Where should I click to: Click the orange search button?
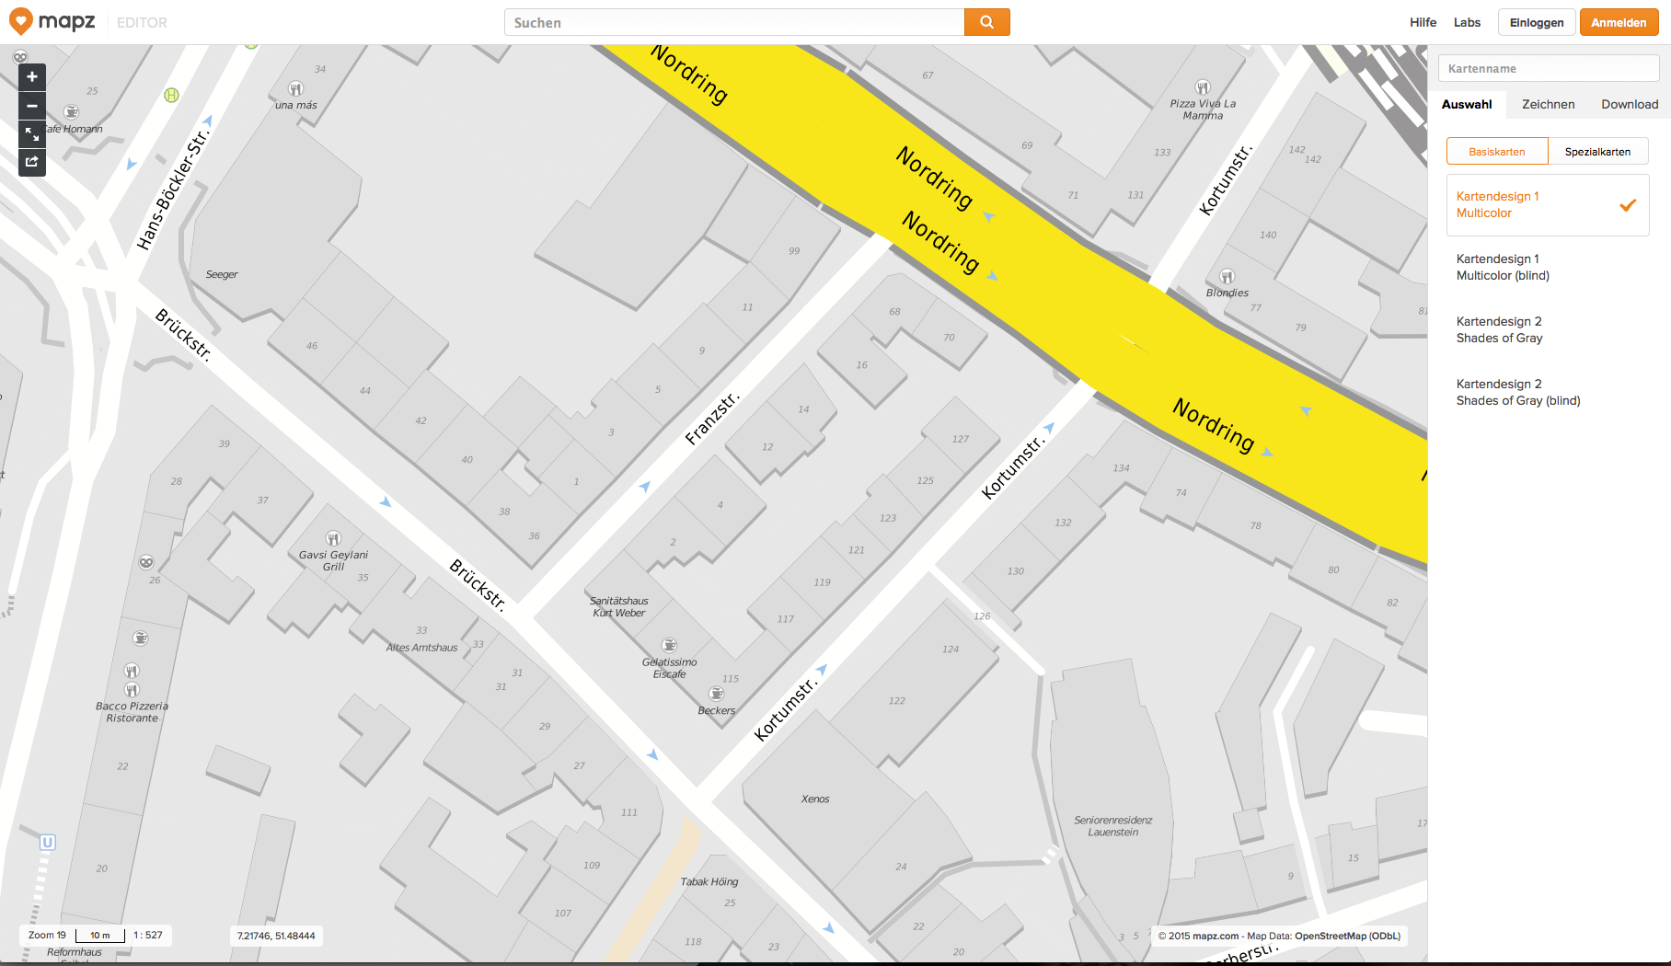click(986, 22)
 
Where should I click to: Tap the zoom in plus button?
click(32, 77)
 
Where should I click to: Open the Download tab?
click(1629, 104)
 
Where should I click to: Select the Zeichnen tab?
click(1548, 104)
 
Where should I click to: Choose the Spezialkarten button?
click(1597, 152)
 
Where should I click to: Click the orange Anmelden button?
click(1618, 22)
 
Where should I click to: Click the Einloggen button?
click(1536, 22)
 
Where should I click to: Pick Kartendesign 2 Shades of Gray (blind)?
click(1517, 392)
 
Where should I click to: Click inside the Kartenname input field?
click(1548, 68)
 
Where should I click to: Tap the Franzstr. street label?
click(712, 419)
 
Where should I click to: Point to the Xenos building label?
click(815, 799)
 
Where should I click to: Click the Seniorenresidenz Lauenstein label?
click(1112, 826)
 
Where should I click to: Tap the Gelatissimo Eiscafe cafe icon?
click(670, 645)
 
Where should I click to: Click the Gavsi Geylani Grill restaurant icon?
click(333, 538)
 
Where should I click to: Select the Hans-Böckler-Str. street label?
click(173, 190)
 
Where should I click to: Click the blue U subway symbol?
click(48, 842)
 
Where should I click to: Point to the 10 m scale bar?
click(100, 936)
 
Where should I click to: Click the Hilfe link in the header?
click(1423, 22)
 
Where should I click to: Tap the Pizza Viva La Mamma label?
click(1203, 109)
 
